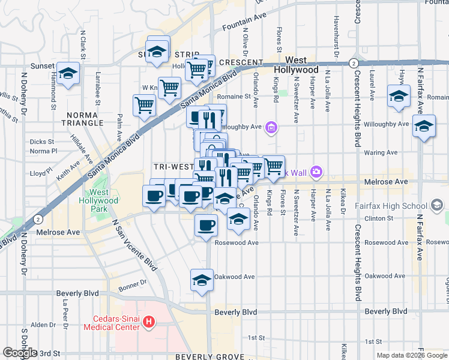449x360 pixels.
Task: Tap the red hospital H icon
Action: click(x=149, y=323)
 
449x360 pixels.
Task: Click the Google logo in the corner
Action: click(x=20, y=353)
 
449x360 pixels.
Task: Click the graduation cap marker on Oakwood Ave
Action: click(x=202, y=280)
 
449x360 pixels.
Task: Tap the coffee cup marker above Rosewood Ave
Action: click(x=206, y=226)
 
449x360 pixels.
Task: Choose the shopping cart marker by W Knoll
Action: click(x=170, y=88)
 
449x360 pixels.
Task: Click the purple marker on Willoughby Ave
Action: click(x=272, y=127)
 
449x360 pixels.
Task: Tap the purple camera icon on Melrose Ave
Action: click(x=316, y=173)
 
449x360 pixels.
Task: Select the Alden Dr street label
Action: click(x=43, y=325)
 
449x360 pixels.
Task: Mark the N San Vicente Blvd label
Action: click(x=136, y=245)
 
